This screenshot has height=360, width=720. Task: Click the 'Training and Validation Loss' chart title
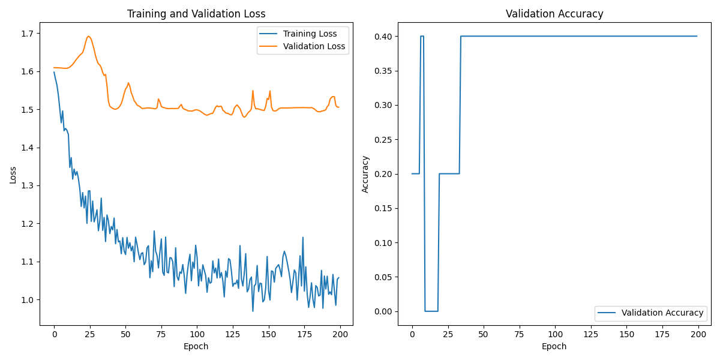pos(196,14)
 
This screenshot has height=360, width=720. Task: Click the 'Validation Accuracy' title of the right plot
pos(554,14)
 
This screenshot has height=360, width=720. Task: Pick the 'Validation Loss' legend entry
pos(314,46)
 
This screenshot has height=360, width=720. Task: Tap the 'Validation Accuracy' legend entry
pos(662,313)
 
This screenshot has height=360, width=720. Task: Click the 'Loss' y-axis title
pos(13,175)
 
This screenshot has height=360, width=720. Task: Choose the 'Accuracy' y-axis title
pos(365,175)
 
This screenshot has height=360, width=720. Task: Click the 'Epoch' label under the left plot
pos(196,346)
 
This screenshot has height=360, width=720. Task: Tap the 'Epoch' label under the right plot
pos(554,346)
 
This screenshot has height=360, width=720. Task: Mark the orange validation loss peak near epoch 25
pos(88,36)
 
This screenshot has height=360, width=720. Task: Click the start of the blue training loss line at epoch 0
pos(54,72)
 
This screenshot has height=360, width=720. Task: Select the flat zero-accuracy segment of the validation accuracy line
pos(431,311)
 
